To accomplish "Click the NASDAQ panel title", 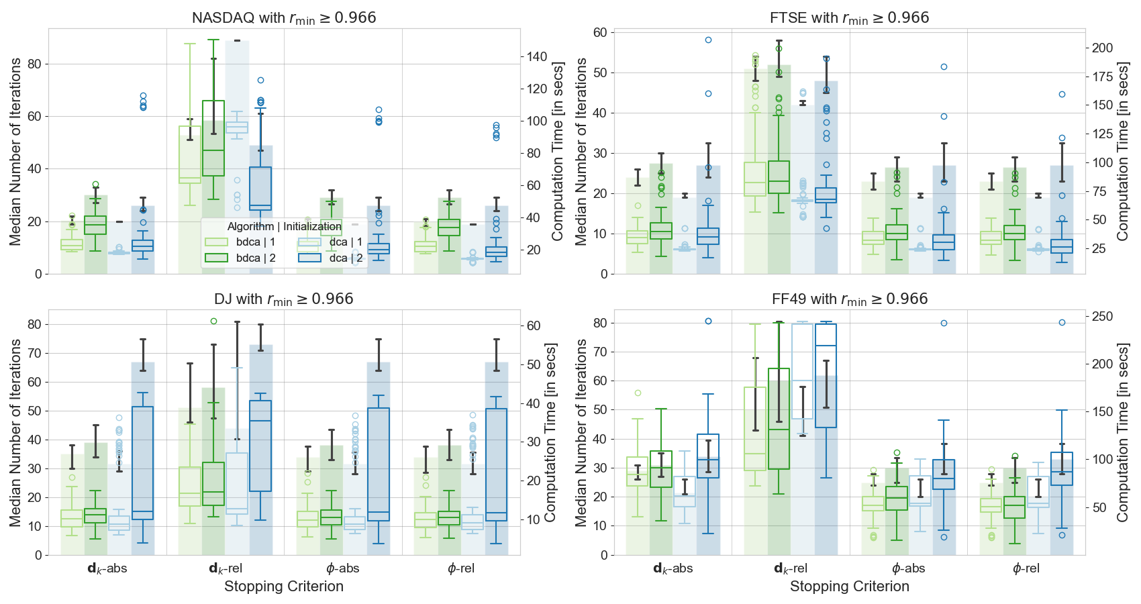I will pos(284,18).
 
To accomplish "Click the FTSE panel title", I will pos(849,18).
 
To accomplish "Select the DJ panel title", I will pos(284,299).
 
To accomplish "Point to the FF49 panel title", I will pos(849,299).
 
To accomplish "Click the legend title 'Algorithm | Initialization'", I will pos(285,227).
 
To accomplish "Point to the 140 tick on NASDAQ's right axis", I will pos(537,57).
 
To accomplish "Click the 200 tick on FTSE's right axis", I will pos(1103,48).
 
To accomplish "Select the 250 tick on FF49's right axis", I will pos(1103,316).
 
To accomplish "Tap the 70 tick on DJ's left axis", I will pos(34,353).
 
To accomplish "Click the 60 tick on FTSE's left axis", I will pos(600,32).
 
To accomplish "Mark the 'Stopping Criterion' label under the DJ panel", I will pos(284,587).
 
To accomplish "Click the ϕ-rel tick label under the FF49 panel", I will pos(1026,568).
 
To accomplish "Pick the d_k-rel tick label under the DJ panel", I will pos(226,568).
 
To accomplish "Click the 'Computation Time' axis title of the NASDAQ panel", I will pos(558,151).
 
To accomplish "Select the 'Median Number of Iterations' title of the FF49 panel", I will pos(581,432).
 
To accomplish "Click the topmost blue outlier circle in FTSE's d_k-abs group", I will pos(708,40).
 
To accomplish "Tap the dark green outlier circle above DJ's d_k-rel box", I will pos(213,321).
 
